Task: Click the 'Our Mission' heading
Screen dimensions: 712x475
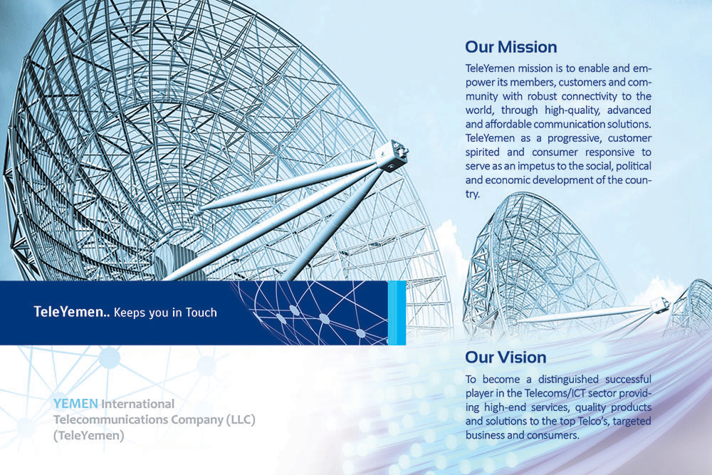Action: point(511,47)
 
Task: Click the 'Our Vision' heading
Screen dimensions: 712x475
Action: point(506,357)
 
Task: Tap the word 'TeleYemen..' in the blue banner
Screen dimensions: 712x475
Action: point(72,312)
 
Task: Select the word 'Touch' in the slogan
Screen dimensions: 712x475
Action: point(201,313)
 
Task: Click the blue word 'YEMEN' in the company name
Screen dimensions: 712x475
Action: point(75,404)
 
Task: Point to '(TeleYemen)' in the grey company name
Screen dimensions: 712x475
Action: point(88,436)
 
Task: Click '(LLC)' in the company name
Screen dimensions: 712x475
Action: point(241,419)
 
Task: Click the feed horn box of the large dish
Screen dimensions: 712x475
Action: point(392,155)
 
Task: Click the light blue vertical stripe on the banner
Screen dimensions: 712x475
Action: point(397,313)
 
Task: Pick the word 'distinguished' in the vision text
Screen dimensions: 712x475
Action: point(568,379)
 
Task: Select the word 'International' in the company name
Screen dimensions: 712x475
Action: point(137,404)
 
